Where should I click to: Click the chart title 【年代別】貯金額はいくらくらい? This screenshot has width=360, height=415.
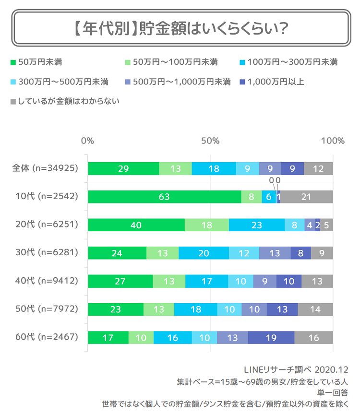[180, 29]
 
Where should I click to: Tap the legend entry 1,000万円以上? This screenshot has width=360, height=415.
[271, 82]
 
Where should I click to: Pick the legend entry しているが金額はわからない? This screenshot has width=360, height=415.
[64, 101]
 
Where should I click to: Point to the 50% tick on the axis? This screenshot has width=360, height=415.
[210, 141]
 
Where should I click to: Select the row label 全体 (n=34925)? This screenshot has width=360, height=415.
[45, 168]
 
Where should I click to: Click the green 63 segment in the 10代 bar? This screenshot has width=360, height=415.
[164, 197]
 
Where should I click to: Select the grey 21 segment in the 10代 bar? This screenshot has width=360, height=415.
[306, 197]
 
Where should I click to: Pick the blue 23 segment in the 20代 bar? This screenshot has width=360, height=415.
[257, 225]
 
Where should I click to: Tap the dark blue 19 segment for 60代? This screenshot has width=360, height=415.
[271, 337]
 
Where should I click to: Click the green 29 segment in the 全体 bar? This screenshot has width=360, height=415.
[123, 168]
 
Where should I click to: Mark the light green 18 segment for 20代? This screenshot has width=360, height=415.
[207, 225]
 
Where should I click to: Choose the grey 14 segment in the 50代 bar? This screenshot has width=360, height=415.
[315, 309]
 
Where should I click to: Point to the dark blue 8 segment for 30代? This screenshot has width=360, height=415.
[300, 253]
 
